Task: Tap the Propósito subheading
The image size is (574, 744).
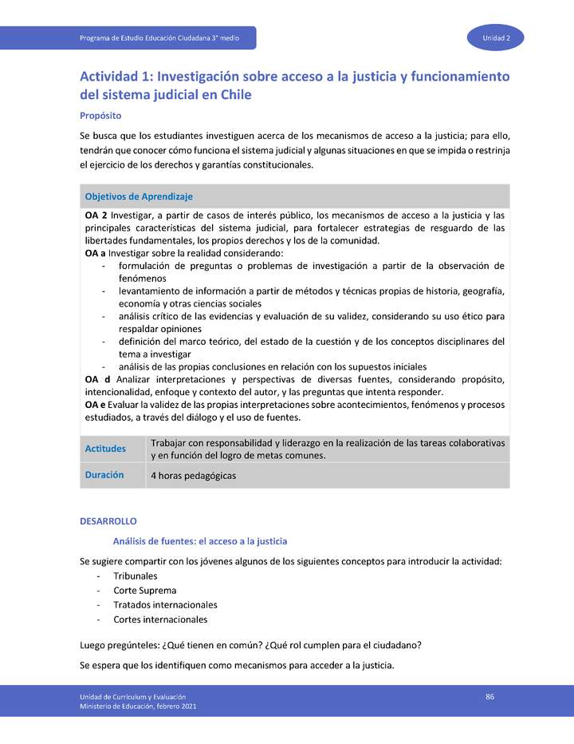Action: [100, 115]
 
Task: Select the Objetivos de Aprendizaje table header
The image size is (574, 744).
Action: [139, 196]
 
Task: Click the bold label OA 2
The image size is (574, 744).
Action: [96, 216]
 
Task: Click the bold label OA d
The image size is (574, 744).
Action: [96, 379]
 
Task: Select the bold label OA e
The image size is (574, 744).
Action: [96, 405]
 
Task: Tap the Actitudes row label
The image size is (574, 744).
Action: [105, 449]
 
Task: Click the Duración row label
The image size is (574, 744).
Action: [104, 474]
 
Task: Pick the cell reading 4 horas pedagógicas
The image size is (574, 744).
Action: [193, 476]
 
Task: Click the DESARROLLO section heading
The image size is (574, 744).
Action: [108, 520]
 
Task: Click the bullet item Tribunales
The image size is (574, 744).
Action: [135, 576]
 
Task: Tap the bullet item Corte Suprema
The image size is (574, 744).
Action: [144, 591]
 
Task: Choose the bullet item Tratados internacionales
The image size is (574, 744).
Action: [165, 605]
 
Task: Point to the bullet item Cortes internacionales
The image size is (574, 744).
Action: [160, 619]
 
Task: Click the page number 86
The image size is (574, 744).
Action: [490, 697]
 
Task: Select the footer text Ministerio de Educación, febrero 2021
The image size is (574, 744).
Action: [138, 706]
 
